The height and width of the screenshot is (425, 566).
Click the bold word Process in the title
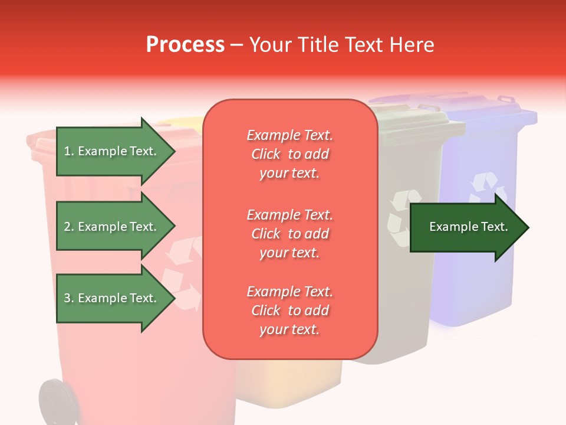(185, 45)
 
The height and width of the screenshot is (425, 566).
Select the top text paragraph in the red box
(289, 154)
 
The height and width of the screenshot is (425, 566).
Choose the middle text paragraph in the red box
(289, 234)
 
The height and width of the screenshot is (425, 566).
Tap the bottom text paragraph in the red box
(289, 310)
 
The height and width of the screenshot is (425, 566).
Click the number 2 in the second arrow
(67, 227)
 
